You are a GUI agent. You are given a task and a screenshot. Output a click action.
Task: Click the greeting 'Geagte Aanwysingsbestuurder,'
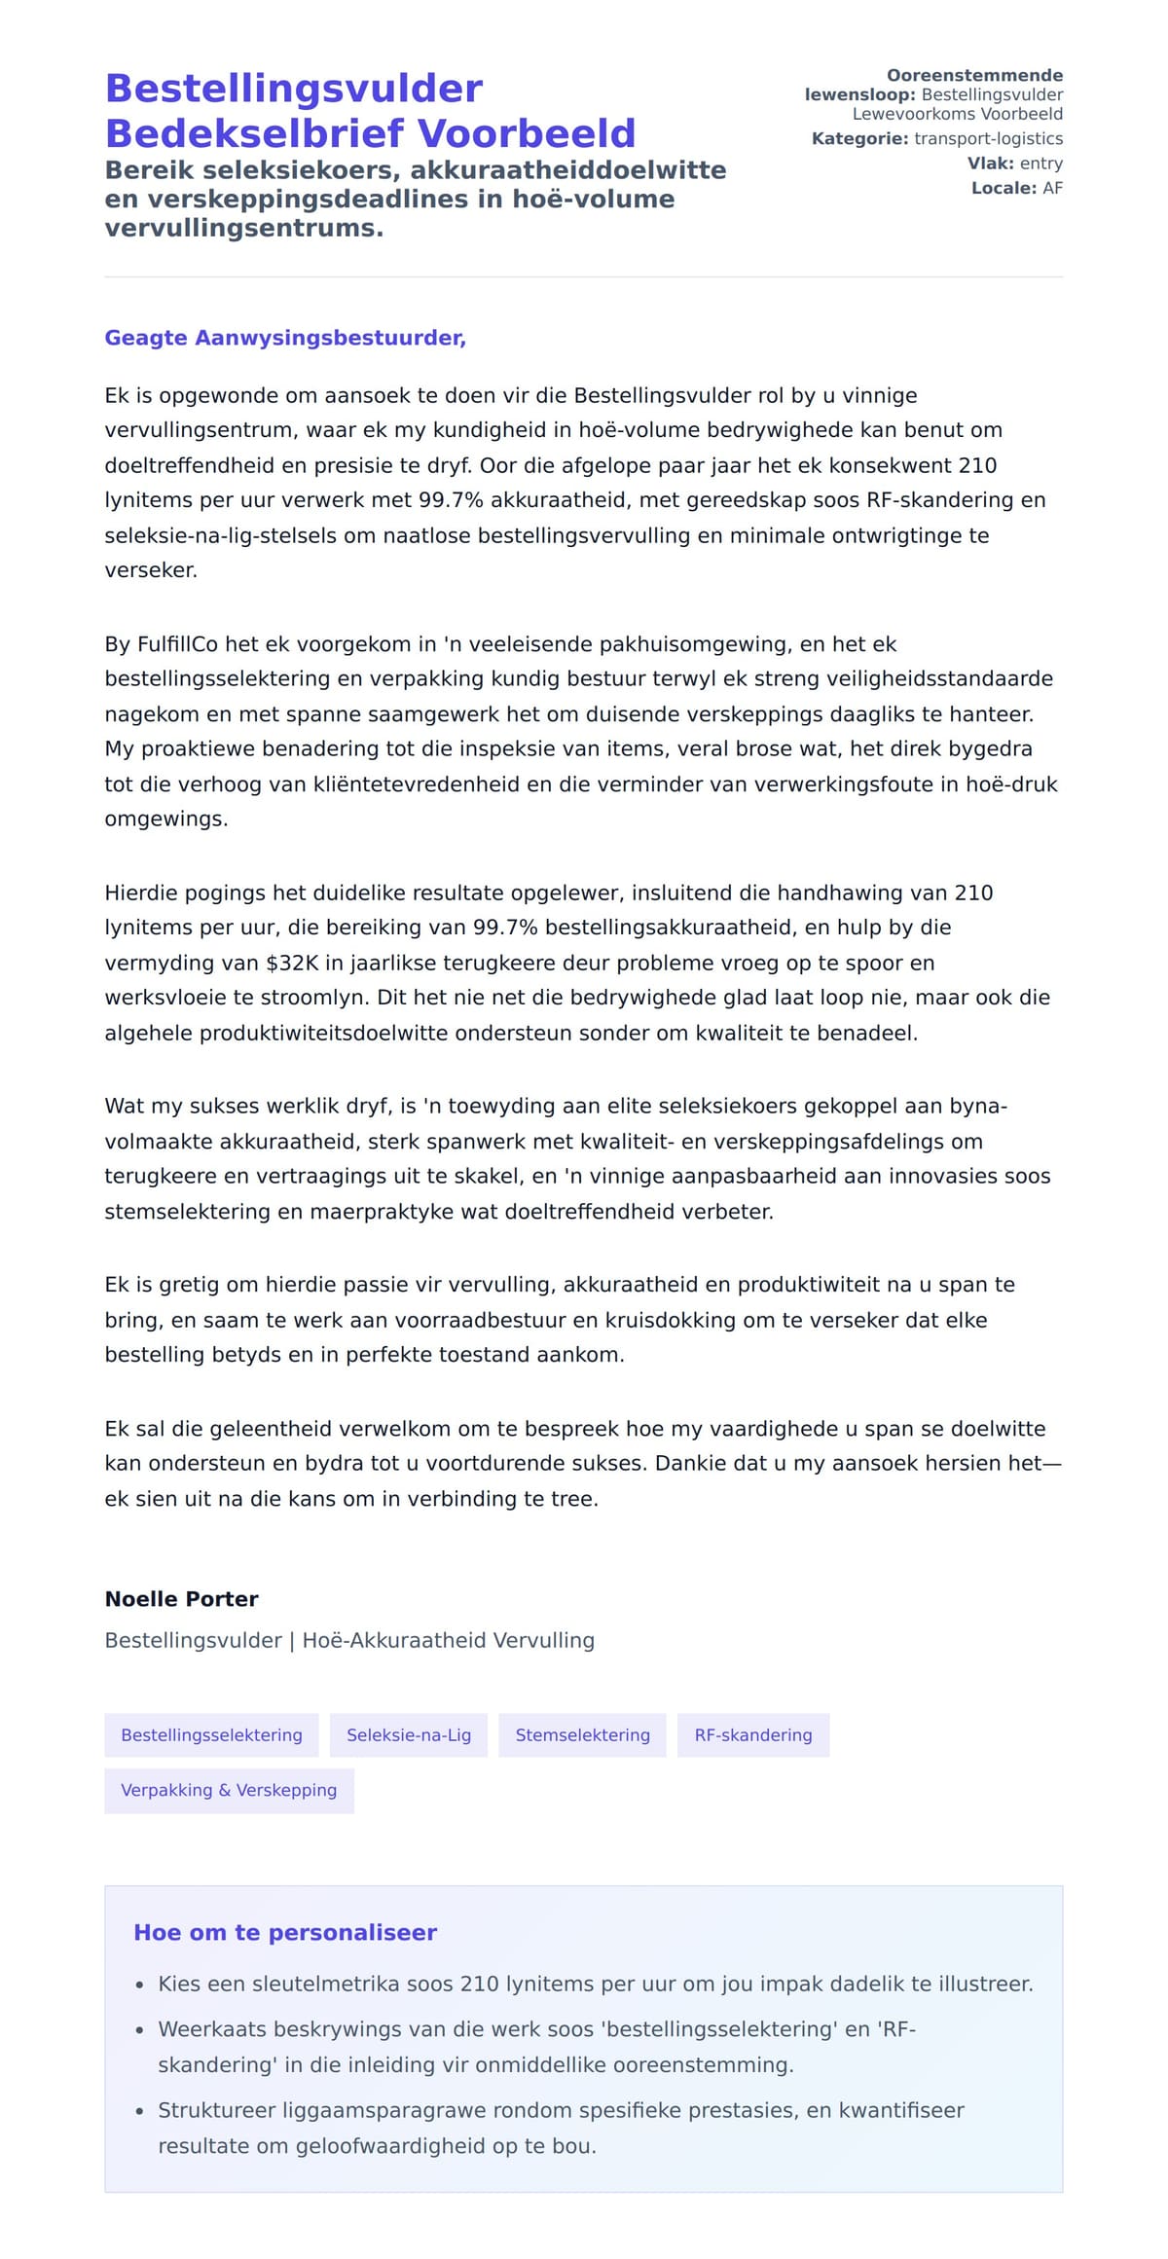pyautogui.click(x=285, y=338)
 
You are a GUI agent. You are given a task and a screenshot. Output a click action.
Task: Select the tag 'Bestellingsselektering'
pyautogui.click(x=211, y=1734)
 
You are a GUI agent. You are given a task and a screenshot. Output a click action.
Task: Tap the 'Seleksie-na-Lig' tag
pyautogui.click(x=409, y=1734)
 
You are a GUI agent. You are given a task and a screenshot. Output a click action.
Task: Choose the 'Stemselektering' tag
pyautogui.click(x=582, y=1734)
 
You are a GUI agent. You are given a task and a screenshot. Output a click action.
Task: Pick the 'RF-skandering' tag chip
pyautogui.click(x=752, y=1734)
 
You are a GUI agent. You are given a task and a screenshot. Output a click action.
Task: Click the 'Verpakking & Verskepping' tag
pyautogui.click(x=229, y=1790)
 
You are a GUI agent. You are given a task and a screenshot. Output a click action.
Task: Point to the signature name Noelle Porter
pyautogui.click(x=181, y=1599)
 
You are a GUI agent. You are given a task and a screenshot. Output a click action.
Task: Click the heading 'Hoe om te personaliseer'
pyautogui.click(x=285, y=1932)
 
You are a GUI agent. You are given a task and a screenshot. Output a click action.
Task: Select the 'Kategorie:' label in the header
pyautogui.click(x=860, y=138)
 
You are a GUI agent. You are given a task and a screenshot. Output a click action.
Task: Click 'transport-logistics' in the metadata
pyautogui.click(x=988, y=138)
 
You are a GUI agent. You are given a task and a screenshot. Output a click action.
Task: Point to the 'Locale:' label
pyautogui.click(x=1004, y=188)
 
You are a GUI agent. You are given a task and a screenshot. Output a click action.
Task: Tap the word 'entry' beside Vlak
pyautogui.click(x=1040, y=164)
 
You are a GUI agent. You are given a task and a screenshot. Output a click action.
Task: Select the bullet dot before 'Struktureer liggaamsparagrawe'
pyautogui.click(x=140, y=2112)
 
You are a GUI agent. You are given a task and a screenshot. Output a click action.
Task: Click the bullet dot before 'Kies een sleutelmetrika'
pyautogui.click(x=140, y=1986)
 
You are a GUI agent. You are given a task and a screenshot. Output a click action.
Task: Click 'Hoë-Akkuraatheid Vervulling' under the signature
pyautogui.click(x=448, y=1640)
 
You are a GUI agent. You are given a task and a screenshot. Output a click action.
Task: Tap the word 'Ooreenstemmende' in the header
pyautogui.click(x=974, y=75)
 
